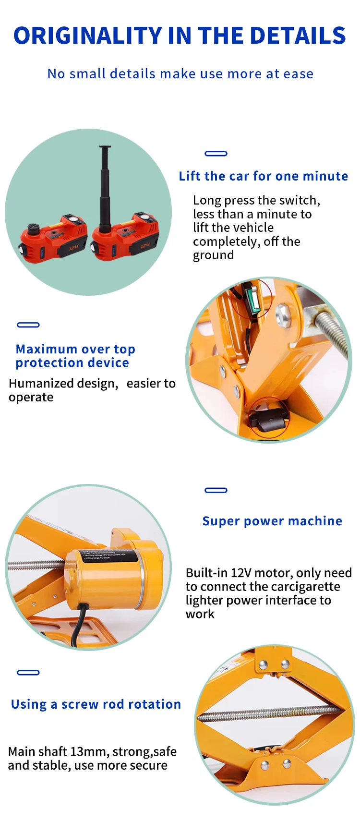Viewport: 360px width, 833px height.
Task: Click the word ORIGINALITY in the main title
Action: [x=88, y=36]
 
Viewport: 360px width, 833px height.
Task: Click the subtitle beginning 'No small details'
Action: [x=180, y=74]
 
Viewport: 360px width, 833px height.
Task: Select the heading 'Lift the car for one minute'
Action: [x=263, y=176]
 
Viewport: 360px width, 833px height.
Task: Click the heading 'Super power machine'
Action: [x=272, y=521]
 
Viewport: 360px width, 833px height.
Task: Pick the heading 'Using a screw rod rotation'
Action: [x=96, y=704]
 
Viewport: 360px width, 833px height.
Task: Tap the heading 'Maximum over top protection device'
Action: [x=75, y=356]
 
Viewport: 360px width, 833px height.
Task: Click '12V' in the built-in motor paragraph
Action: [x=241, y=573]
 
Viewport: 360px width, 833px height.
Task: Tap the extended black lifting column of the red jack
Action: [x=105, y=187]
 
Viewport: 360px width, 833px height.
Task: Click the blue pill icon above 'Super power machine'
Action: [x=216, y=490]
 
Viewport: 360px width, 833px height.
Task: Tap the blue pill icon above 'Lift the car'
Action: [x=216, y=154]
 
